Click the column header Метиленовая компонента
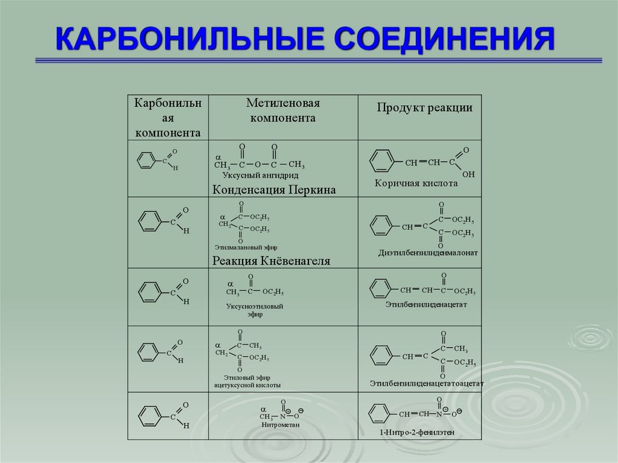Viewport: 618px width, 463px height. coord(282,110)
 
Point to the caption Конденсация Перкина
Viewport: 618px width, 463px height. coord(273,190)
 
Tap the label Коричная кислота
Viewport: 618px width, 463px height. coord(416,183)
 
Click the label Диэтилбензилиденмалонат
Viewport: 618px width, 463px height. coord(428,254)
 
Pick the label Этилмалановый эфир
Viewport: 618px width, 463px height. coord(246,247)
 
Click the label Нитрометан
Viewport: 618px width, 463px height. coord(281,424)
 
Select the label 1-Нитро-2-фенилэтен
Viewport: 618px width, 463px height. coord(416,433)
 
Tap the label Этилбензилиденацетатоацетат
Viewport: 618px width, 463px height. coord(427,383)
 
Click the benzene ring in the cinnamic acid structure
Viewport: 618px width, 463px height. coord(381,161)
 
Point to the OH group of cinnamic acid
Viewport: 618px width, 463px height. coord(468,174)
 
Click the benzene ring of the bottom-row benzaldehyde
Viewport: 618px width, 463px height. coord(148,415)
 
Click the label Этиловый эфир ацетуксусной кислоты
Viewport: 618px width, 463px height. coord(247,381)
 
